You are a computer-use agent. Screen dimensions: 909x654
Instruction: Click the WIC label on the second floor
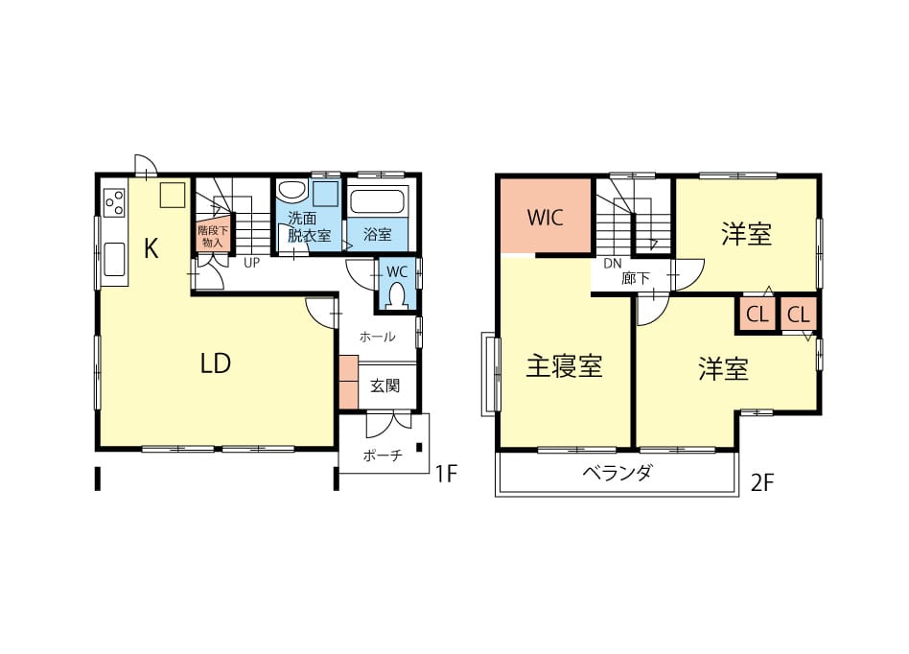[545, 218]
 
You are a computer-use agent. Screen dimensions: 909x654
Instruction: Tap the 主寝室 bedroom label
[564, 366]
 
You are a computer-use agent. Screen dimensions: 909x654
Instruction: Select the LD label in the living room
[216, 363]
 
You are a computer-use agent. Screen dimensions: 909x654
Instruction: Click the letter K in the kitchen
[151, 249]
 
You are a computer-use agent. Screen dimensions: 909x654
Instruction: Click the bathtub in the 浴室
[378, 200]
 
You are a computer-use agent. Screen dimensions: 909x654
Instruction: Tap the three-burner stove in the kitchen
[115, 201]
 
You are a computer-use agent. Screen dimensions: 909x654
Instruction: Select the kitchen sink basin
[114, 260]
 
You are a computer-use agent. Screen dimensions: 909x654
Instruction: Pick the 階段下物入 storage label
[213, 237]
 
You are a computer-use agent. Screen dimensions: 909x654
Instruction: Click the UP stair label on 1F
[251, 263]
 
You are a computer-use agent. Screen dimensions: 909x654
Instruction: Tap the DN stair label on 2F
[612, 264]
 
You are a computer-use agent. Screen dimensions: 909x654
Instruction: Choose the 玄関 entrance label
[385, 385]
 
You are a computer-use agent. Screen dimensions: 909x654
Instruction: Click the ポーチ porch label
[383, 455]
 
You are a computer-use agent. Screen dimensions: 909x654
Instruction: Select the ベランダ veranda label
[617, 473]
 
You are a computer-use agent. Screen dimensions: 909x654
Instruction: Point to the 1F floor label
[447, 475]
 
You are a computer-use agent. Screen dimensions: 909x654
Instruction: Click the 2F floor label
[763, 482]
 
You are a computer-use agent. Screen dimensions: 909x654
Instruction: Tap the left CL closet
[757, 315]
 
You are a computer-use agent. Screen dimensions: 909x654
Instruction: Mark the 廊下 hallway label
[636, 279]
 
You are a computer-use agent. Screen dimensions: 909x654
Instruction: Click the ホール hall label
[378, 337]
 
